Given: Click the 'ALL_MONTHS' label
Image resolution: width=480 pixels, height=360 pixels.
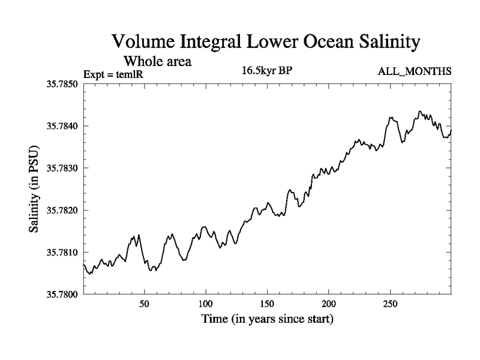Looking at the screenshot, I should [x=414, y=72].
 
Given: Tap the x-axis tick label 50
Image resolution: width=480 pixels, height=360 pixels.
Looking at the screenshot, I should [x=144, y=304].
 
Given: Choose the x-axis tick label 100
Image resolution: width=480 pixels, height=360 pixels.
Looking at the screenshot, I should [x=206, y=304].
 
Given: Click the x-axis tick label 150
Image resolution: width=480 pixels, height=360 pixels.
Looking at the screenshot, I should [x=268, y=304].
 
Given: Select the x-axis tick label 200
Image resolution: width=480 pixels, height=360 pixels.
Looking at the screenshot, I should [x=329, y=304].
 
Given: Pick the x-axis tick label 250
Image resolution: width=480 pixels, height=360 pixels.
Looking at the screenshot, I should [x=391, y=304].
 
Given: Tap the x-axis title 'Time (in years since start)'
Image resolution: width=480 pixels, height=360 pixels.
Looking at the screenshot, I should [x=266, y=319].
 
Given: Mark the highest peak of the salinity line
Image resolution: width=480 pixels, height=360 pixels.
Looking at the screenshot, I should [x=420, y=112].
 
